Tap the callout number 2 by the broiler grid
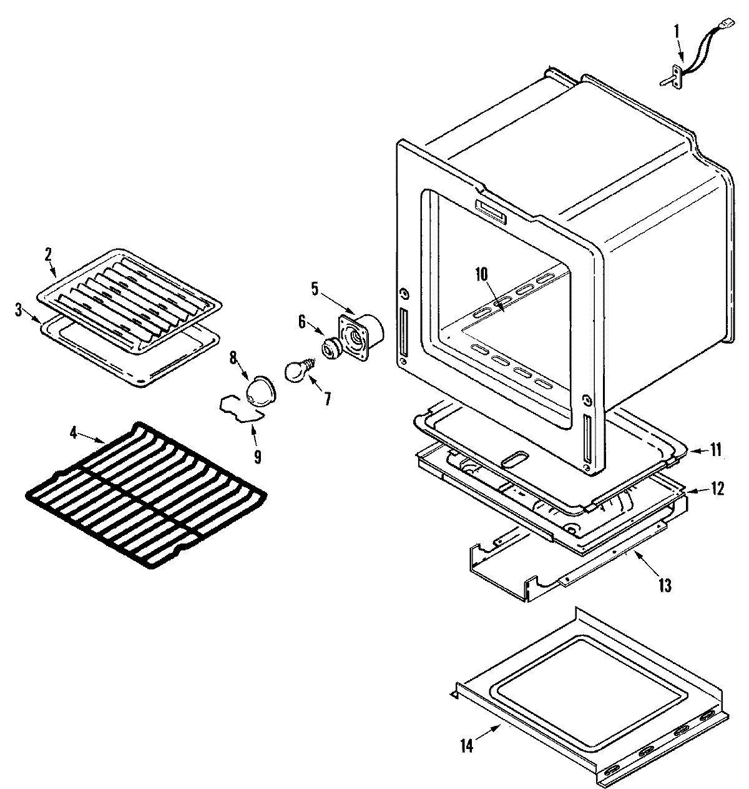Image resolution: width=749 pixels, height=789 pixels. (48, 254)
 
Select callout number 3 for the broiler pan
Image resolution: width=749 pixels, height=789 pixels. (19, 309)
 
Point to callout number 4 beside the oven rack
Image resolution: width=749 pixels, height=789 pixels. (74, 432)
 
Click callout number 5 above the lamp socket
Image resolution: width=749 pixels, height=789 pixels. (315, 288)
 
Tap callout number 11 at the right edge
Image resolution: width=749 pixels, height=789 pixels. (716, 449)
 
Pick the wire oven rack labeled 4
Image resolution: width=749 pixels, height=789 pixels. (147, 494)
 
